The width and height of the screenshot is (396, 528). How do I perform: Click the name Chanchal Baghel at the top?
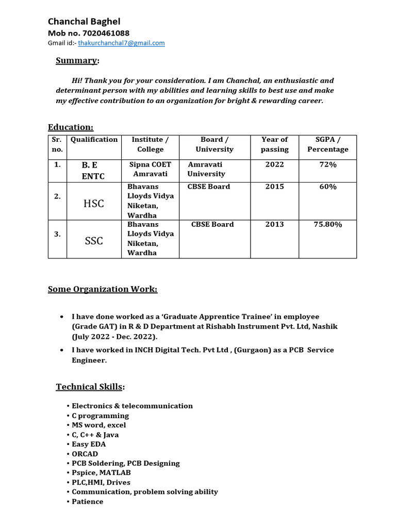84,22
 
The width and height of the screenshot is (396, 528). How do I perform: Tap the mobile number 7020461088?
89,33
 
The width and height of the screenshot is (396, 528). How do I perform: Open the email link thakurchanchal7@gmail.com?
121,43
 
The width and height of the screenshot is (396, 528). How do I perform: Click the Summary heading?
76,61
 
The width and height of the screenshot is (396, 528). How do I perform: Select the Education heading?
71,127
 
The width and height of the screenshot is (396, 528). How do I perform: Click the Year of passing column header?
274,144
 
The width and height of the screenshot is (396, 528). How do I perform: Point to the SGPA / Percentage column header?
327,144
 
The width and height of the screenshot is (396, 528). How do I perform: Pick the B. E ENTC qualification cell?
93,170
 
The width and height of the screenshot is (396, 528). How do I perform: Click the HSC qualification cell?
93,204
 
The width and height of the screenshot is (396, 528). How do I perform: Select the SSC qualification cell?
93,241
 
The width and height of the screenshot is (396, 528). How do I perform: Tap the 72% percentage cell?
328,164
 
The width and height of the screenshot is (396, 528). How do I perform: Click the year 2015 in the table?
274,187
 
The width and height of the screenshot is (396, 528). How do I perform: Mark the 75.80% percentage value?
328,224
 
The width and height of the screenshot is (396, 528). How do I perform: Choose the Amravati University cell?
206,169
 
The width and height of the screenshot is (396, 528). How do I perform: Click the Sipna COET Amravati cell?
150,169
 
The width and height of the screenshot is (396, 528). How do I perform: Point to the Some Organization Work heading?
103,289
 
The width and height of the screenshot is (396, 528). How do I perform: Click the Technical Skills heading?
90,387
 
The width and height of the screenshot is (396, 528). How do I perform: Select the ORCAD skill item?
85,454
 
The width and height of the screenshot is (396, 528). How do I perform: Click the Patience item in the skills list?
87,502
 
